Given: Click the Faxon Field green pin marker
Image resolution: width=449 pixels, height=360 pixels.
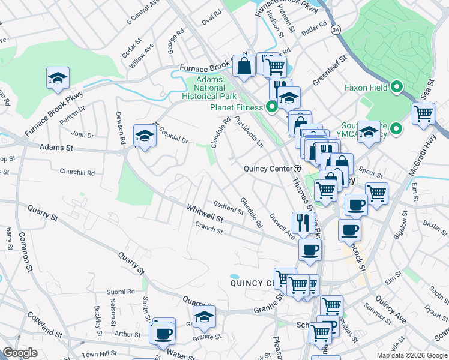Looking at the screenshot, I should (396, 88).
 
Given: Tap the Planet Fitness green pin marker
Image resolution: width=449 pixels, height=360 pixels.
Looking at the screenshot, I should (271, 108).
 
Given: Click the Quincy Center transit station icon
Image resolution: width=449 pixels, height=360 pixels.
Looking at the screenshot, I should (297, 169).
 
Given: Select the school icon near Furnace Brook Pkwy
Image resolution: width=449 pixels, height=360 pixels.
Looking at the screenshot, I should (58, 79).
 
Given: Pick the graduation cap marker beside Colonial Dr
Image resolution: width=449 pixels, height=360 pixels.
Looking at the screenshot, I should (144, 137).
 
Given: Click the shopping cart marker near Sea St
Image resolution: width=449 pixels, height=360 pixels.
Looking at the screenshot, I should (423, 113).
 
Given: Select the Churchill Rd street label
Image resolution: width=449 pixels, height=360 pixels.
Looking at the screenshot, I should (77, 172).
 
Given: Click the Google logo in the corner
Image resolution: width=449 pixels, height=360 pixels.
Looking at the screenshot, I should (20, 353).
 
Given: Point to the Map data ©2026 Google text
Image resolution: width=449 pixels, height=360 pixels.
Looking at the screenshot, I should (412, 355).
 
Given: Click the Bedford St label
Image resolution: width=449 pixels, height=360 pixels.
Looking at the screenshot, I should (227, 207).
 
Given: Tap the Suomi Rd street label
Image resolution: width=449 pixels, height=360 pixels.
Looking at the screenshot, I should (121, 292).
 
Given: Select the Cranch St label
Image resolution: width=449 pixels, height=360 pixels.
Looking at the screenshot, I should (209, 228).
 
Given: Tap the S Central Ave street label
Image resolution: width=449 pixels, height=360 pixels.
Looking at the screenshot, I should (143, 13).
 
